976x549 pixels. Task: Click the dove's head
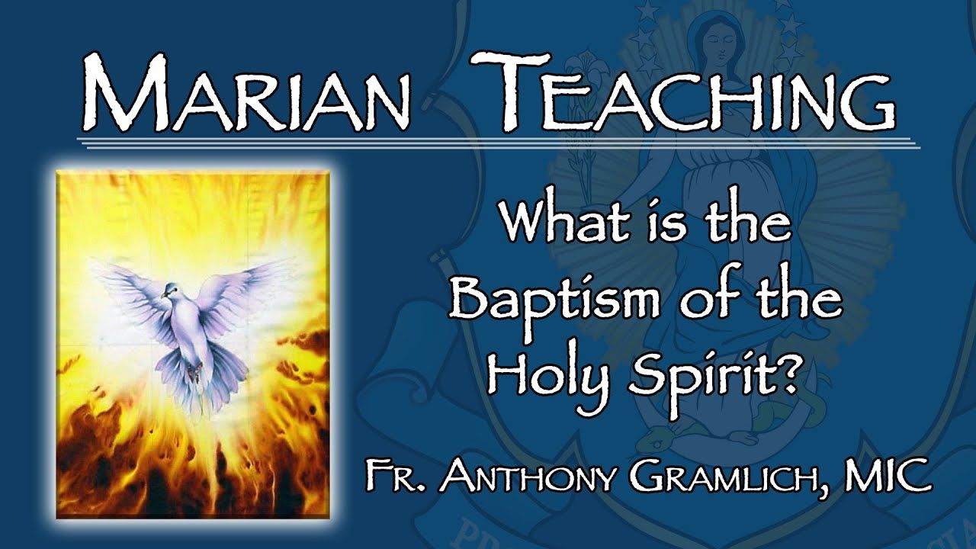[x=172, y=291]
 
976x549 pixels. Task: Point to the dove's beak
[x=163, y=296]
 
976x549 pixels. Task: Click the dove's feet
[x=194, y=371]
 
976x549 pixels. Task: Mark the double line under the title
[x=498, y=143]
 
